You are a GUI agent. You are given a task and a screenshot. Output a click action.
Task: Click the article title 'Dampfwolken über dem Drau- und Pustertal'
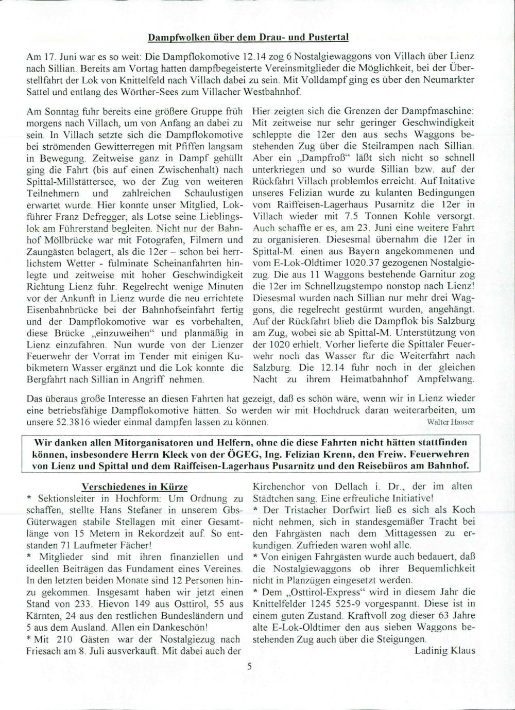tap(248, 37)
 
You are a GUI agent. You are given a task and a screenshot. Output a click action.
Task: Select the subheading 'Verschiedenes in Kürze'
tap(134, 487)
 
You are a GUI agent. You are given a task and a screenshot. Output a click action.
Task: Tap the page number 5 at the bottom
tap(249, 666)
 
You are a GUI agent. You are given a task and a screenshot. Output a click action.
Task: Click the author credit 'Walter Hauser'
tap(451, 422)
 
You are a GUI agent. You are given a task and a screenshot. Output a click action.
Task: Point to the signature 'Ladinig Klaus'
tap(444, 650)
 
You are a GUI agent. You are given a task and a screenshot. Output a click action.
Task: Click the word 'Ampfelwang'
tap(448, 380)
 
